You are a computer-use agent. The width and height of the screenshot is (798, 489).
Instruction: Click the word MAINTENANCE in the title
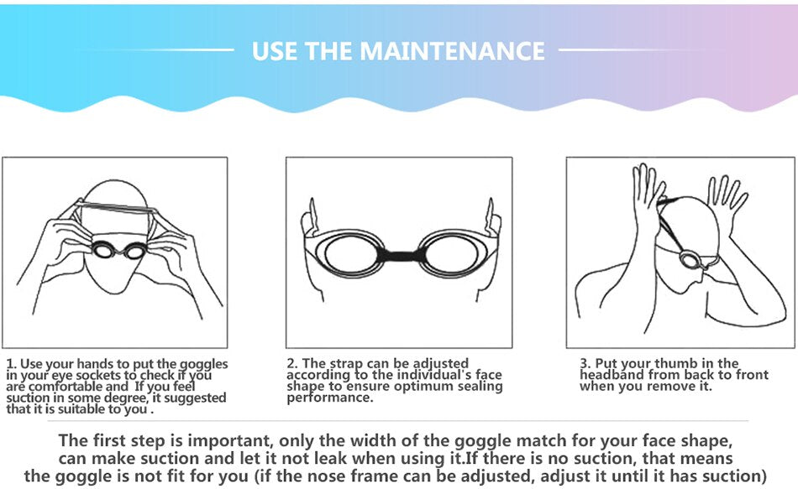pyautogui.click(x=452, y=51)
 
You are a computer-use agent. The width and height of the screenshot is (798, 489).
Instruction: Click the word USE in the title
pyautogui.click(x=275, y=51)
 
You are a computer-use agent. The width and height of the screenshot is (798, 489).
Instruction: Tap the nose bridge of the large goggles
pyautogui.click(x=401, y=254)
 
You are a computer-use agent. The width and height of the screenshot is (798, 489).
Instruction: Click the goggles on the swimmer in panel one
pyautogui.click(x=119, y=250)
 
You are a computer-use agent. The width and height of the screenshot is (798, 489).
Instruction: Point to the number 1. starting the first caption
pyautogui.click(x=11, y=364)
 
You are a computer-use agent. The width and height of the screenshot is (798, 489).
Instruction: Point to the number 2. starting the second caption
pyautogui.click(x=292, y=363)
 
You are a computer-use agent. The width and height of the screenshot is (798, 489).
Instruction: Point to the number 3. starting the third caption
pyautogui.click(x=585, y=363)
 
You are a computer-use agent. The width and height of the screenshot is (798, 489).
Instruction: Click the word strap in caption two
pyautogui.click(x=347, y=364)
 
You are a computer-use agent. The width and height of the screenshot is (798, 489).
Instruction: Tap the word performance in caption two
pyautogui.click(x=330, y=398)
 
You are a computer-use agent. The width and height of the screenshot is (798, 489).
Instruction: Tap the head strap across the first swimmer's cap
pyautogui.click(x=116, y=206)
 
